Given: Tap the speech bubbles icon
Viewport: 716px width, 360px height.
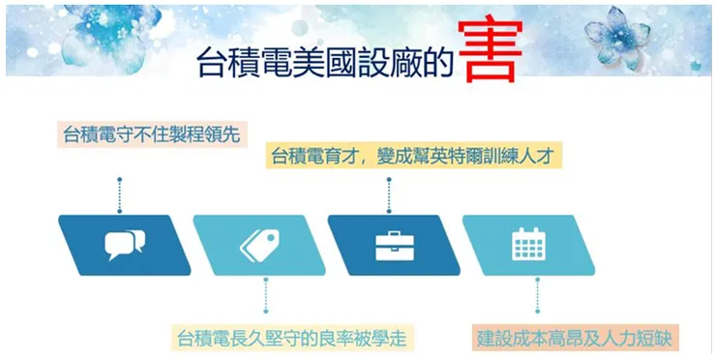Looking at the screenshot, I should point(123,245).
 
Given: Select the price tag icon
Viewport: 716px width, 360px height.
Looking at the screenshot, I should point(258,245).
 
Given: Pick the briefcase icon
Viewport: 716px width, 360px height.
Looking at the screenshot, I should point(394,245).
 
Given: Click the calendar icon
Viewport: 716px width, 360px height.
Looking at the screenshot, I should point(528,244).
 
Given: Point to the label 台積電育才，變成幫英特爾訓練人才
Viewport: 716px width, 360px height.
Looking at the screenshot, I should point(411,156).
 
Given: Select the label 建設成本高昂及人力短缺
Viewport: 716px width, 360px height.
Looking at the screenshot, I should point(577,338).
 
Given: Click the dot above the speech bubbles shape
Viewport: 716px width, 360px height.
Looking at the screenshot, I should point(119,180).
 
